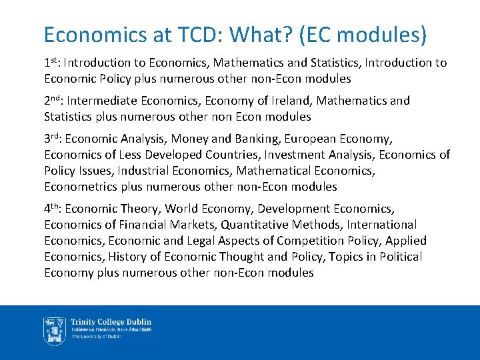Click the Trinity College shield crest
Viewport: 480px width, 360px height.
[x=54, y=331]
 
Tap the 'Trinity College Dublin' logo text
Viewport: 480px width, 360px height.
[x=111, y=322]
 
